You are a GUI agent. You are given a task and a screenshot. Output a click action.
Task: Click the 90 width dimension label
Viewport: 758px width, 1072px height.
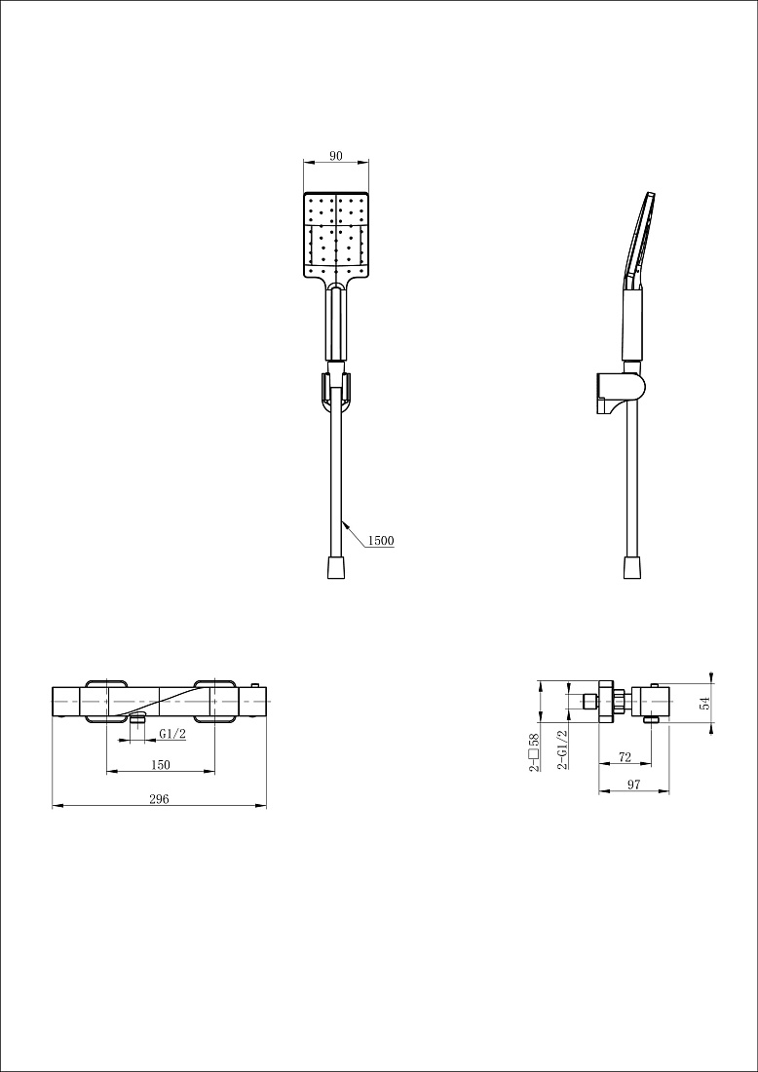(x=335, y=155)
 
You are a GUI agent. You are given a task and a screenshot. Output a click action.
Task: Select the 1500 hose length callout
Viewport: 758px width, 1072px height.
(x=381, y=540)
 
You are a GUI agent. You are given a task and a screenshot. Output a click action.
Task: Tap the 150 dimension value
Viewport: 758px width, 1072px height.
(x=160, y=764)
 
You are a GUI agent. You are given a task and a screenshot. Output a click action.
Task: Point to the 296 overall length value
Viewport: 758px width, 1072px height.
(x=159, y=798)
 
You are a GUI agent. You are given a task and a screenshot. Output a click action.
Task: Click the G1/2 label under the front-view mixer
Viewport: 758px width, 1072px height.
(x=172, y=734)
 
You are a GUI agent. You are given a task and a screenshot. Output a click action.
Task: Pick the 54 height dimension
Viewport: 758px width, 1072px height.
(x=704, y=703)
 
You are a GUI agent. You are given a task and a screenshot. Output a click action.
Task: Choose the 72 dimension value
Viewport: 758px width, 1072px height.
(x=625, y=757)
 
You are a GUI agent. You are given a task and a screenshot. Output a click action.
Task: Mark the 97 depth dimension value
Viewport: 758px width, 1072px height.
(x=633, y=785)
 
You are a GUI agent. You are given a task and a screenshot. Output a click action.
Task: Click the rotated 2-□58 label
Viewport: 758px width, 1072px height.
(x=534, y=752)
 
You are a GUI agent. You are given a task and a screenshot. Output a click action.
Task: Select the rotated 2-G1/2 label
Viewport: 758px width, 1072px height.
(x=562, y=750)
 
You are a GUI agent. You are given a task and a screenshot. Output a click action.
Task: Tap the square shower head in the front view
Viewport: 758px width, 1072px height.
(x=335, y=236)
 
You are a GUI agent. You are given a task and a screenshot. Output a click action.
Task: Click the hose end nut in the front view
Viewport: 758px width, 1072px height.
(x=335, y=567)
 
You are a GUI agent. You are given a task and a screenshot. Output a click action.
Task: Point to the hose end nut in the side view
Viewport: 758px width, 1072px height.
(x=632, y=567)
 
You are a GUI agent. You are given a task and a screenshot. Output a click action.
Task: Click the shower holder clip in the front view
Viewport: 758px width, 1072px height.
(x=335, y=392)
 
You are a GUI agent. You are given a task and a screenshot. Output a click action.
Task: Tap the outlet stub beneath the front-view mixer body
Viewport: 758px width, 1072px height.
(x=138, y=718)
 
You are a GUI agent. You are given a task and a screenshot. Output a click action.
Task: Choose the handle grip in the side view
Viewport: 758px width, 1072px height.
(x=632, y=323)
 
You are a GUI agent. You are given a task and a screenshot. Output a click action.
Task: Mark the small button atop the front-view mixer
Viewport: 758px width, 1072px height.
(x=255, y=685)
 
